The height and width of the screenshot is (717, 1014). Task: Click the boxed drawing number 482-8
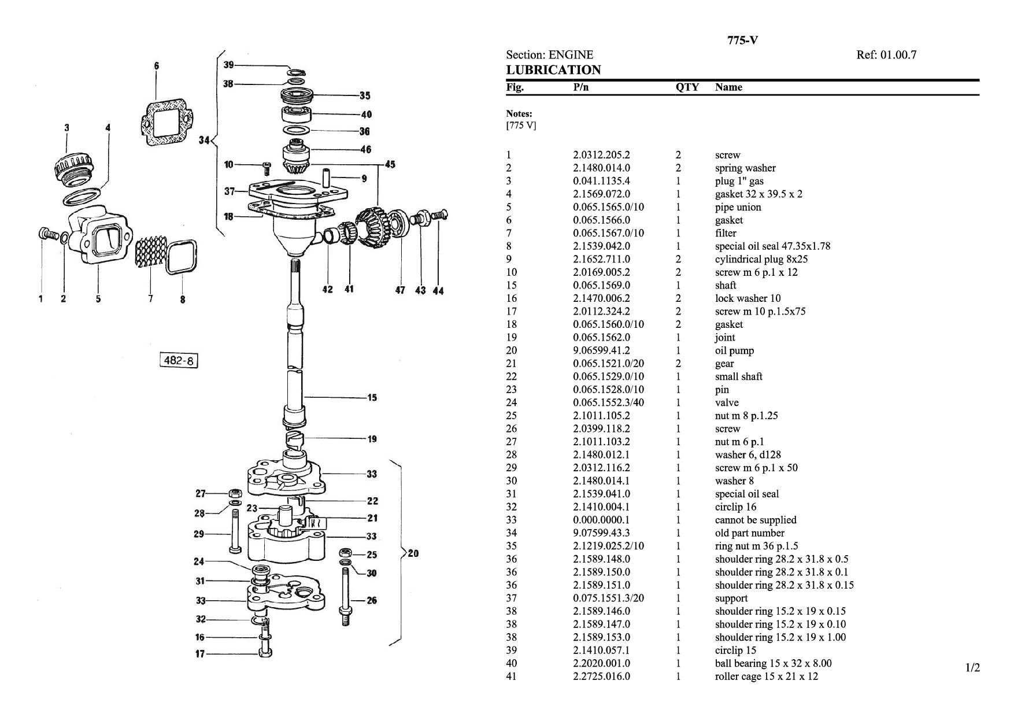pyautogui.click(x=179, y=361)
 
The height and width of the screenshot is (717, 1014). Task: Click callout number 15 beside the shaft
pyautogui.click(x=372, y=397)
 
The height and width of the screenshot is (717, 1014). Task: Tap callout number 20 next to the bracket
pyautogui.click(x=413, y=553)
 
